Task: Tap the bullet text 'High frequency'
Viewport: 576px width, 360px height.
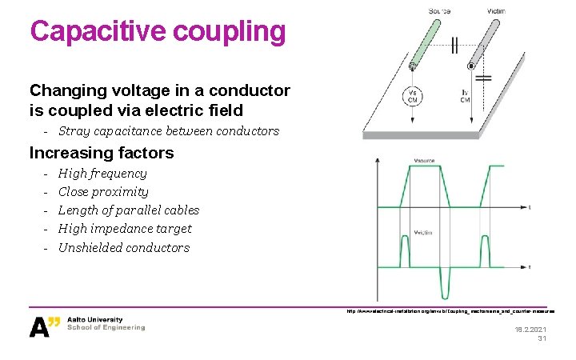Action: pyautogui.click(x=102, y=174)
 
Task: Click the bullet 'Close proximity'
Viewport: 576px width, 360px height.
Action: pyautogui.click(x=103, y=192)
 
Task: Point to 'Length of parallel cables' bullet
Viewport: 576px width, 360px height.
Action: pyautogui.click(x=129, y=210)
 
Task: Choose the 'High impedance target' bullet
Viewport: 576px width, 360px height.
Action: pyautogui.click(x=125, y=229)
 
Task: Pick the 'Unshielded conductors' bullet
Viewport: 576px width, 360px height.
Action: pyautogui.click(x=124, y=248)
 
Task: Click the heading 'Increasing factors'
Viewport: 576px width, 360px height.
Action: pyautogui.click(x=101, y=152)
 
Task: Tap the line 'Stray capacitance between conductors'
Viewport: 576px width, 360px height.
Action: pyautogui.click(x=169, y=130)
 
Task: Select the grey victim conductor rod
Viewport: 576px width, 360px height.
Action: pyautogui.click(x=489, y=40)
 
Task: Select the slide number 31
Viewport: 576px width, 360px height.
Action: pyautogui.click(x=542, y=339)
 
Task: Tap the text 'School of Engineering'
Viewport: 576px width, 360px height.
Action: pyautogui.click(x=106, y=327)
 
